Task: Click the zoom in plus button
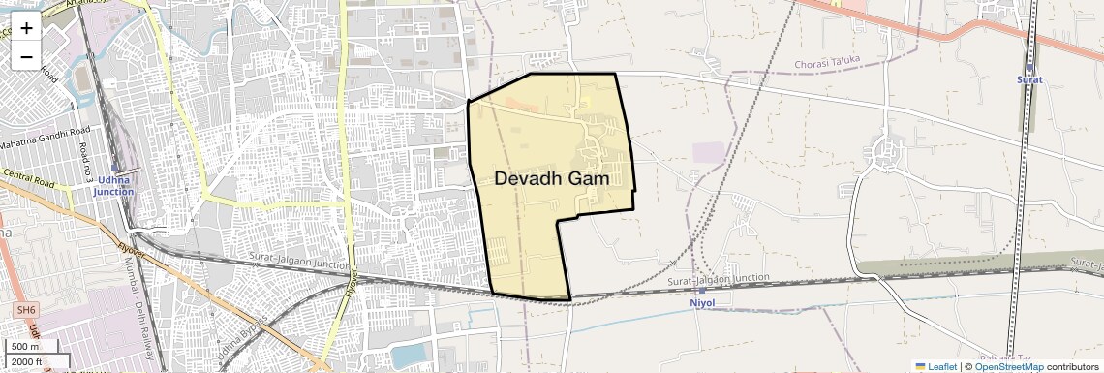(x=26, y=27)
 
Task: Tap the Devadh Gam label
(x=551, y=178)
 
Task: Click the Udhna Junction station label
(x=114, y=186)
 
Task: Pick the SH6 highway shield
(x=25, y=309)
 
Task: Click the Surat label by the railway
(x=1029, y=79)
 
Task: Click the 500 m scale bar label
(x=26, y=346)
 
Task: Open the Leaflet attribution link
(x=936, y=366)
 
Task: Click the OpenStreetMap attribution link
(x=1008, y=366)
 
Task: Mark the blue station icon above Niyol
(x=702, y=290)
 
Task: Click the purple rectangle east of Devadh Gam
(x=709, y=153)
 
